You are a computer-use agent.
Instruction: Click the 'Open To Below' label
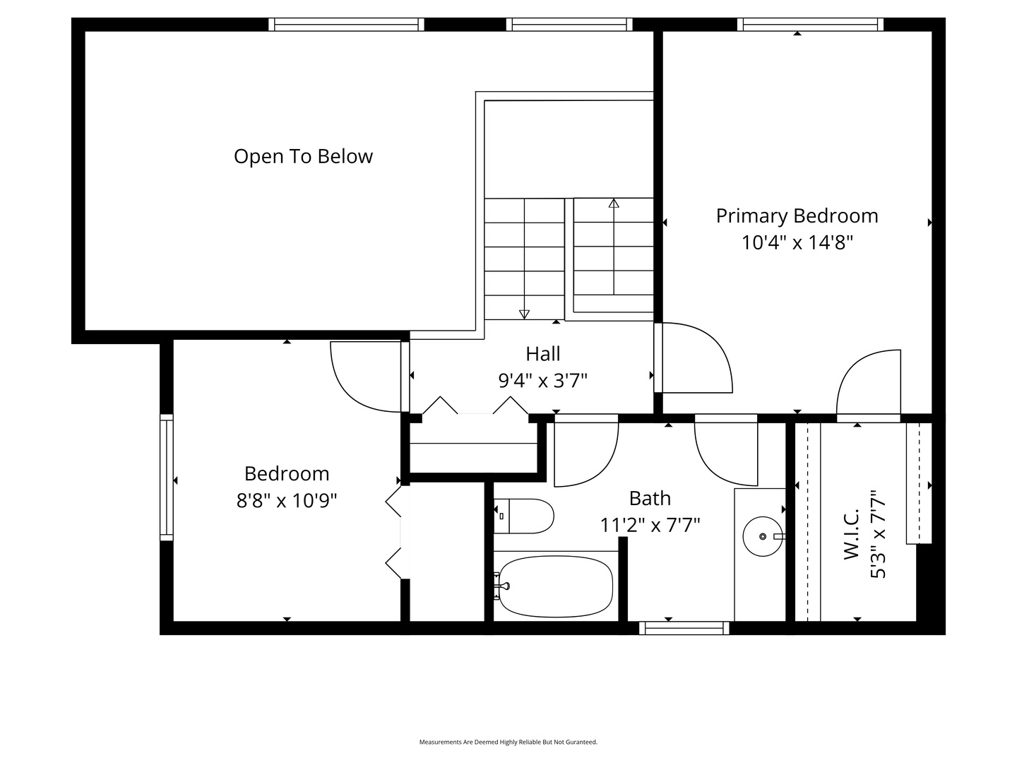303,156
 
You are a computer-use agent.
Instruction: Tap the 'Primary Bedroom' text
797,215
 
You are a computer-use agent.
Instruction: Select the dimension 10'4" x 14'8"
797,242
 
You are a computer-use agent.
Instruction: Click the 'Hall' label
542,353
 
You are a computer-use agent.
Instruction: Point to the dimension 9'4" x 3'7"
542,381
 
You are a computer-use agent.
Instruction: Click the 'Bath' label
650,498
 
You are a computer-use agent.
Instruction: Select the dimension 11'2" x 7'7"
650,525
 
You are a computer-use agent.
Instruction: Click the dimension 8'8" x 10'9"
286,500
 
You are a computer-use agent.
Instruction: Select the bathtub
555,586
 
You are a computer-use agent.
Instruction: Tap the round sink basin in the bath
762,536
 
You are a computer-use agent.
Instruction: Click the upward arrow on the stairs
614,204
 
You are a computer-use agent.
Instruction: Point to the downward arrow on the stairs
524,314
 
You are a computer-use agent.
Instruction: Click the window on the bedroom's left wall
167,477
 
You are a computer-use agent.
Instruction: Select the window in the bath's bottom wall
684,627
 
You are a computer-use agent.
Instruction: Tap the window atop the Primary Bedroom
810,25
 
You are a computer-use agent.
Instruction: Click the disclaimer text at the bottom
509,742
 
